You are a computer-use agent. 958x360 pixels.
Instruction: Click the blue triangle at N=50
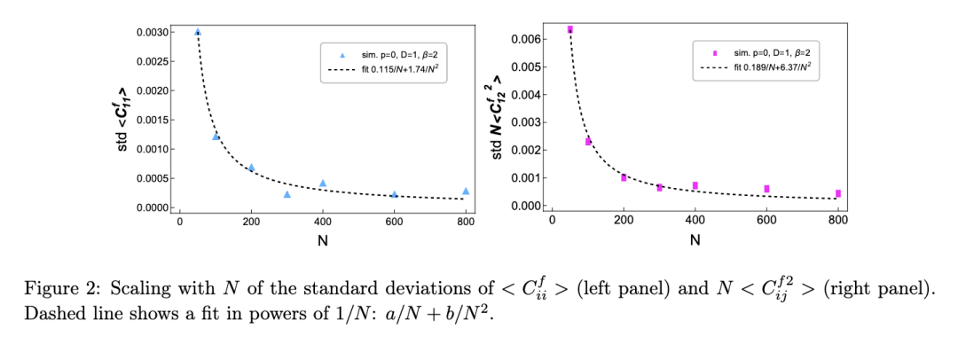(x=198, y=32)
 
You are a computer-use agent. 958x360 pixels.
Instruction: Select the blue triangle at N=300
(x=287, y=194)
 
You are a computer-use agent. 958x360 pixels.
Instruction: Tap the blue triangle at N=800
(x=466, y=191)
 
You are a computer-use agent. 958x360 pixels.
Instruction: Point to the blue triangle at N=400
(x=323, y=183)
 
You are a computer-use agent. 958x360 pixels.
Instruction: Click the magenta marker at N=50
(x=569, y=29)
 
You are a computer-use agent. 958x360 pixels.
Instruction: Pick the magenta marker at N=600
(x=766, y=188)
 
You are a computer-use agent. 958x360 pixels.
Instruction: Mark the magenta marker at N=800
(x=837, y=193)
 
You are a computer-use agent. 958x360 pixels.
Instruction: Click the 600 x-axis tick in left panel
(x=394, y=222)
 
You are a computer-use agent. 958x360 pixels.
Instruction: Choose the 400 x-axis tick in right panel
(x=695, y=222)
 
